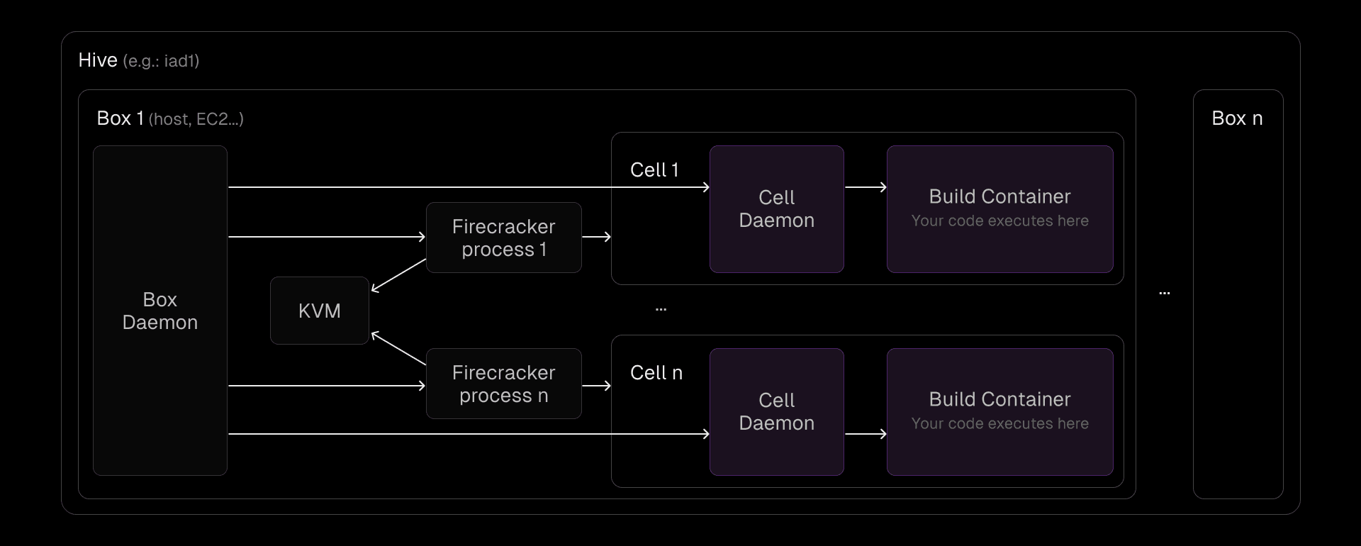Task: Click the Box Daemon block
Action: [159, 311]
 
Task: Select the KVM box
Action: [319, 311]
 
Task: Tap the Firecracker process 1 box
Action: [503, 238]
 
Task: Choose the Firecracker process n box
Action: [503, 384]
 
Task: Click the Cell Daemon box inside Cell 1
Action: [776, 209]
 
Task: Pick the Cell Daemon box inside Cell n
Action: [776, 412]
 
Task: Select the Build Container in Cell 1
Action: [999, 209]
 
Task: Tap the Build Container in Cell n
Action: [999, 412]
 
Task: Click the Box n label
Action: [1237, 118]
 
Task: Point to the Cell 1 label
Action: [654, 170]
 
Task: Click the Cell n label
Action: [656, 373]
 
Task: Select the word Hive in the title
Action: [98, 60]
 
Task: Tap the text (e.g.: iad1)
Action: [161, 62]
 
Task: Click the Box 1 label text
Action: [120, 118]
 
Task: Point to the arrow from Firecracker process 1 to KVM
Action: [398, 275]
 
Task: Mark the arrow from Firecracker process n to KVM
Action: [398, 348]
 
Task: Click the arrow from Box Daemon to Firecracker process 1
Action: [326, 237]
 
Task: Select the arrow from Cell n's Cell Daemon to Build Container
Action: [866, 433]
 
